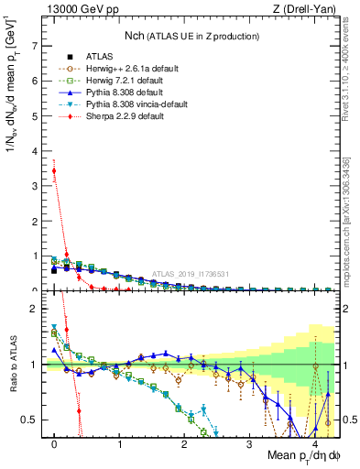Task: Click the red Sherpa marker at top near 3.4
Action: (54, 170)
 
